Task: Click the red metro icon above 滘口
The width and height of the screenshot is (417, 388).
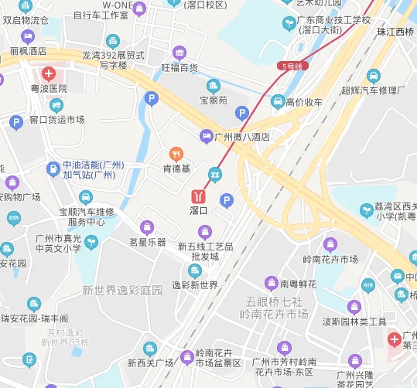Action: pos(200,193)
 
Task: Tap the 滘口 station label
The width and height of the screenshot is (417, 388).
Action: pos(199,209)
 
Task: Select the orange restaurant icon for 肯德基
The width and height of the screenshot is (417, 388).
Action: pos(176,153)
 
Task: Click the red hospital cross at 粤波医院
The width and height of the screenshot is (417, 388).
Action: pos(49,74)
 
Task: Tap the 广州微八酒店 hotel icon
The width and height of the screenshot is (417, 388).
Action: pos(206,137)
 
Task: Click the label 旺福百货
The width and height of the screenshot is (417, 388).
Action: pos(179,67)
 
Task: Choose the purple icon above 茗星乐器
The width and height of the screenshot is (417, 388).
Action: pos(147,227)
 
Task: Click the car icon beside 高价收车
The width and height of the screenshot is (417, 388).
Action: pos(278,101)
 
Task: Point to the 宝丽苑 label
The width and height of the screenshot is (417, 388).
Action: pos(214,100)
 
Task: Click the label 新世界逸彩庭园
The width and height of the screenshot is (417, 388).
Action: pos(123,290)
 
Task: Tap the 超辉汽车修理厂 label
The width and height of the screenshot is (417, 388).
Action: pos(374,90)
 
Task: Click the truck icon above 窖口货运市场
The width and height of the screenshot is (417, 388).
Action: pos(56,105)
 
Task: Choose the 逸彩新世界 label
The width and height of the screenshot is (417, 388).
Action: pos(195,284)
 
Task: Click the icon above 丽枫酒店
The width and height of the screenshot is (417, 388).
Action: pos(29,36)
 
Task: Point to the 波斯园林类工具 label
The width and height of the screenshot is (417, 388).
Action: pos(354,322)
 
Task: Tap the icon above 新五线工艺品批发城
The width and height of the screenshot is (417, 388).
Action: pos(205,231)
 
